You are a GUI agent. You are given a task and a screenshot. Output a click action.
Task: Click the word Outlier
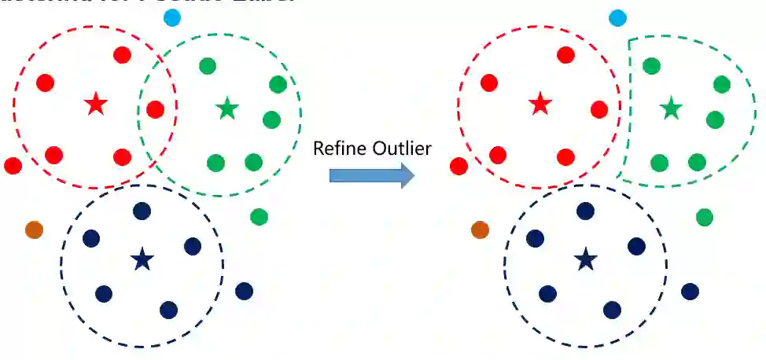[x=401, y=148]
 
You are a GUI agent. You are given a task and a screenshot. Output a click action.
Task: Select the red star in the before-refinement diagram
[x=96, y=103]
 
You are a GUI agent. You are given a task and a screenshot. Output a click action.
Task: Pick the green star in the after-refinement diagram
[x=671, y=108]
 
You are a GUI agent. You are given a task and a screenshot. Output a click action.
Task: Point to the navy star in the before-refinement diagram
[x=142, y=259]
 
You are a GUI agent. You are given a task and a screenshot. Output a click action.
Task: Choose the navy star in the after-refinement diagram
[x=585, y=259]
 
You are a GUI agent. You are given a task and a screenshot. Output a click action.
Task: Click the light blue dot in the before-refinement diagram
[x=171, y=17]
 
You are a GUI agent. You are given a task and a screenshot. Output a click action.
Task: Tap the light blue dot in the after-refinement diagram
[x=618, y=17]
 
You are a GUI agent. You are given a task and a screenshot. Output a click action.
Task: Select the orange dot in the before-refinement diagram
[x=34, y=230]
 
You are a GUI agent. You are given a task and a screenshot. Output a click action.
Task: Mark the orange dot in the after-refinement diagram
[x=480, y=230]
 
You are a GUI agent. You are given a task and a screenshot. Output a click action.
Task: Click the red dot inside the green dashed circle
[x=155, y=109]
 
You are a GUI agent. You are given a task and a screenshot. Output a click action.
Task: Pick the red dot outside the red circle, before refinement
[x=13, y=165]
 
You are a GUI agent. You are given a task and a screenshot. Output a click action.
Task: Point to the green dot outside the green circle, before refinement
[x=259, y=216]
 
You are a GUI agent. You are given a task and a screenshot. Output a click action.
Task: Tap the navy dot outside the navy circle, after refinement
[x=690, y=292]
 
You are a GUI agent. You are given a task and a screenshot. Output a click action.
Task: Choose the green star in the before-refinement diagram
[x=227, y=108]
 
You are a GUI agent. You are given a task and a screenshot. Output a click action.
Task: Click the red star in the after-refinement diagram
[x=540, y=103]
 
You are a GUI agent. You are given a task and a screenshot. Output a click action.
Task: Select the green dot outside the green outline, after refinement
[x=705, y=217]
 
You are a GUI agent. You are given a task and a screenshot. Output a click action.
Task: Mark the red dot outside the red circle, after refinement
[x=458, y=166]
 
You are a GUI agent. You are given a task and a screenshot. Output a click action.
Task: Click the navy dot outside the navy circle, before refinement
[x=244, y=291]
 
